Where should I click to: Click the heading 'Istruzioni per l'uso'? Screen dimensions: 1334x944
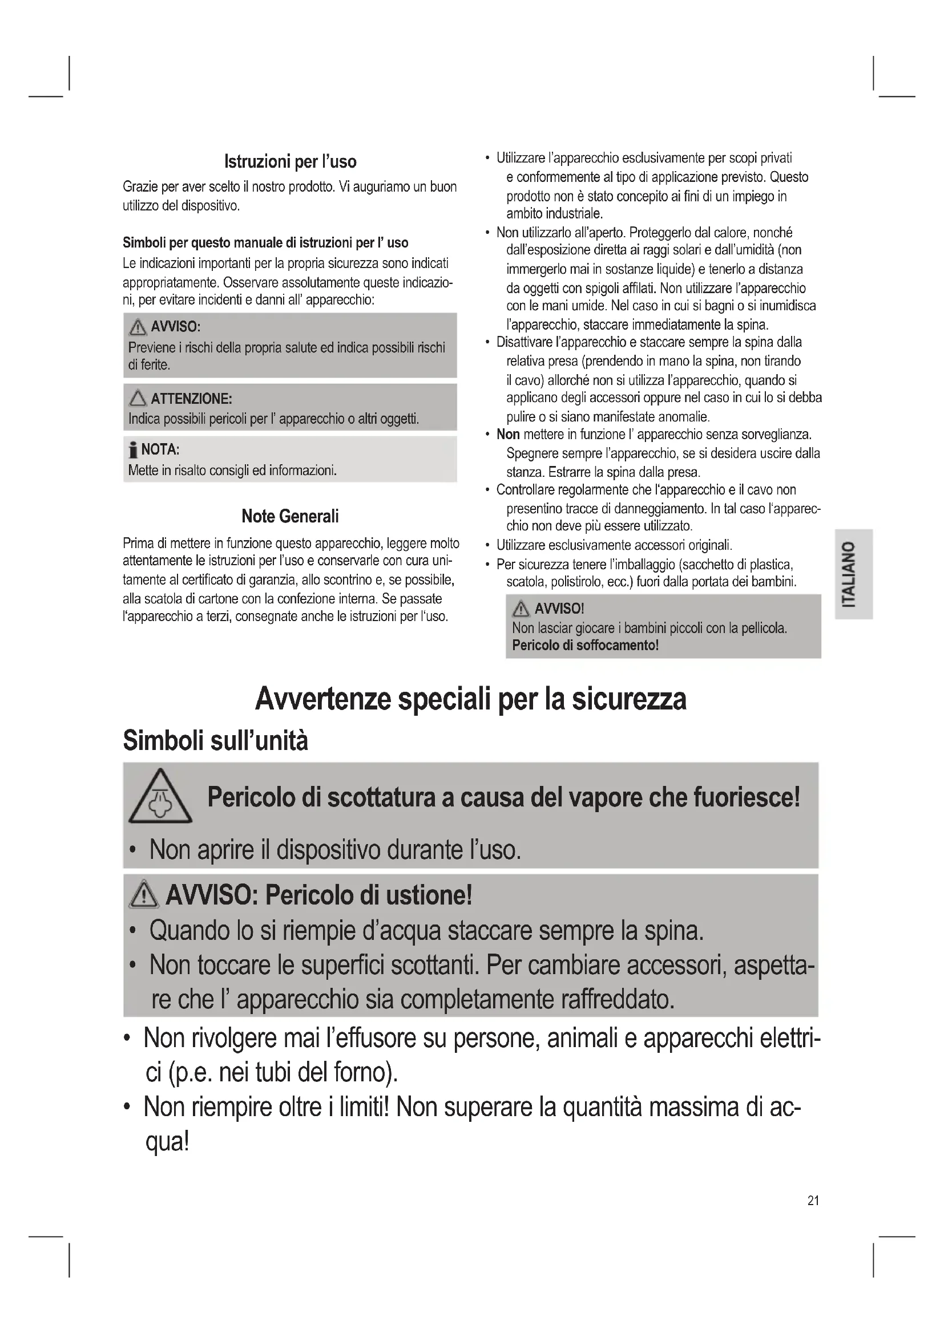pos(290,161)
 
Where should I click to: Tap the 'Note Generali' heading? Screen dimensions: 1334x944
pos(290,516)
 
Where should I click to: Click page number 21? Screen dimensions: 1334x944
pos(813,1201)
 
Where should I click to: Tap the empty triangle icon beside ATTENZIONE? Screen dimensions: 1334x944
pos(138,399)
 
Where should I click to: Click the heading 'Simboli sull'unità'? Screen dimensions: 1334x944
pos(215,741)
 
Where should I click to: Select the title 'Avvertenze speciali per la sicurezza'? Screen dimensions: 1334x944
pos(470,699)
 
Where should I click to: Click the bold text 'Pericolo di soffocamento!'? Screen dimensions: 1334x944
pos(586,646)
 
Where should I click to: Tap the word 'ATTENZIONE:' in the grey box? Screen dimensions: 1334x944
pos(191,399)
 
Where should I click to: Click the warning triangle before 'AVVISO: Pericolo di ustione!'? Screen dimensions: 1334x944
pos(144,895)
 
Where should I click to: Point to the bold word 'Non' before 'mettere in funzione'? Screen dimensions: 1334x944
pos(507,435)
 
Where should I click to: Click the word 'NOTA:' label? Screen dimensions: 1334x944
pos(160,449)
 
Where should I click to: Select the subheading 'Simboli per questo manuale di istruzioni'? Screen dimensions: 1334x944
pos(265,242)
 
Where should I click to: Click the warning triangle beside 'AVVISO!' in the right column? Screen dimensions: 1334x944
pos(521,609)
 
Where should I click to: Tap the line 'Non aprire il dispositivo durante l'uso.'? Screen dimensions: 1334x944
pos(335,849)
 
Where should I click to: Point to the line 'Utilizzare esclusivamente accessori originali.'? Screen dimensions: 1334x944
pos(614,545)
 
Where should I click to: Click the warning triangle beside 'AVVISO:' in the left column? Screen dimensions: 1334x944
pos(138,328)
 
